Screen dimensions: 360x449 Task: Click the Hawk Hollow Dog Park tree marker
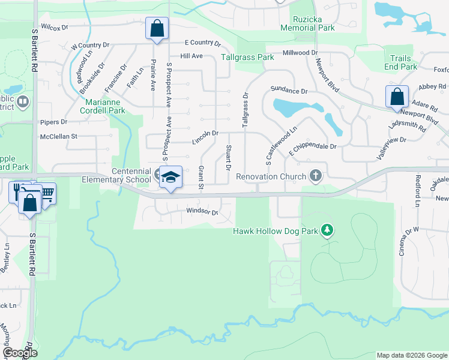pyautogui.click(x=327, y=230)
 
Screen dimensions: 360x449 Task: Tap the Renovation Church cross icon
pyautogui.click(x=316, y=176)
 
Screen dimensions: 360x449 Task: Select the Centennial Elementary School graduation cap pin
pyautogui.click(x=171, y=178)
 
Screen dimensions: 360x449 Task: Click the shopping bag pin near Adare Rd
pyautogui.click(x=397, y=97)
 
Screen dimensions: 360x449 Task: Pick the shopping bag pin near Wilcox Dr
pyautogui.click(x=157, y=28)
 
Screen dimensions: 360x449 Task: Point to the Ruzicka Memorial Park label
pyautogui.click(x=307, y=23)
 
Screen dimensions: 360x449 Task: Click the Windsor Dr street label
pyautogui.click(x=201, y=211)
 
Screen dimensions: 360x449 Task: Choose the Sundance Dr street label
pyautogui.click(x=289, y=91)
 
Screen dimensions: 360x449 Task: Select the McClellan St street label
pyautogui.click(x=58, y=136)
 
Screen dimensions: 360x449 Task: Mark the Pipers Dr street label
pyautogui.click(x=53, y=122)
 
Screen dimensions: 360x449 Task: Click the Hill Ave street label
pyautogui.click(x=191, y=56)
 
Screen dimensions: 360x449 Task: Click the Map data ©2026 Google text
pyautogui.click(x=411, y=355)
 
